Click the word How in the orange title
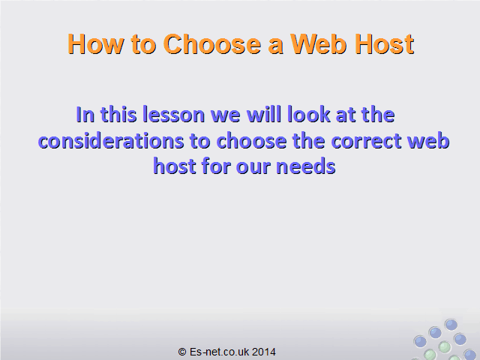pyautogui.click(x=95, y=44)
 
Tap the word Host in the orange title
pyautogui.click(x=384, y=44)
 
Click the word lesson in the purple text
pyautogui.click(x=173, y=115)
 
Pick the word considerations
pyautogui.click(x=110, y=141)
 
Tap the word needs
pyautogui.click(x=305, y=166)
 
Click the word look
pyautogui.click(x=308, y=115)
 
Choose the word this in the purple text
pyautogui.click(x=118, y=115)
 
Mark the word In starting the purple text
pyautogui.click(x=85, y=115)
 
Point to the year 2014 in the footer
pyautogui.click(x=263, y=352)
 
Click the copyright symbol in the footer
pyautogui.click(x=182, y=352)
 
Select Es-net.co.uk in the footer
pyautogui.click(x=219, y=352)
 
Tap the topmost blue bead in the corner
pyautogui.click(x=451, y=325)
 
